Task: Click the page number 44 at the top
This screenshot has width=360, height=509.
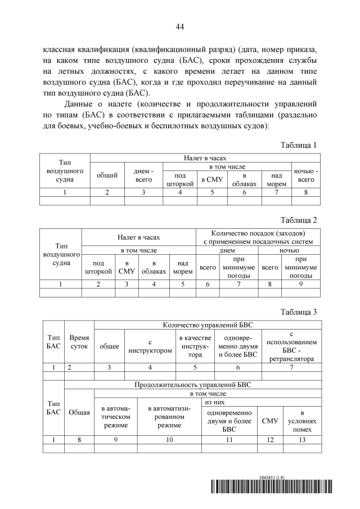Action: pyautogui.click(x=180, y=26)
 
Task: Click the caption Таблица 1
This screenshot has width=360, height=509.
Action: pyautogui.click(x=299, y=145)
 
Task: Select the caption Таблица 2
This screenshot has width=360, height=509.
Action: pyautogui.click(x=299, y=220)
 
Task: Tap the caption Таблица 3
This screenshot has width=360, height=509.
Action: pyautogui.click(x=299, y=312)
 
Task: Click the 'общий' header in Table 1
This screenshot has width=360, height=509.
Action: pyautogui.click(x=107, y=175)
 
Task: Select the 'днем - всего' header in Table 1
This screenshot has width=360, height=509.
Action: pyautogui.click(x=143, y=175)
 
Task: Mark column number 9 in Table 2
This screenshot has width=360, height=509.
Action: pyautogui.click(x=300, y=284)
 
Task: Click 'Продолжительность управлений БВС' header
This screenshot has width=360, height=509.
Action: pyautogui.click(x=192, y=385)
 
